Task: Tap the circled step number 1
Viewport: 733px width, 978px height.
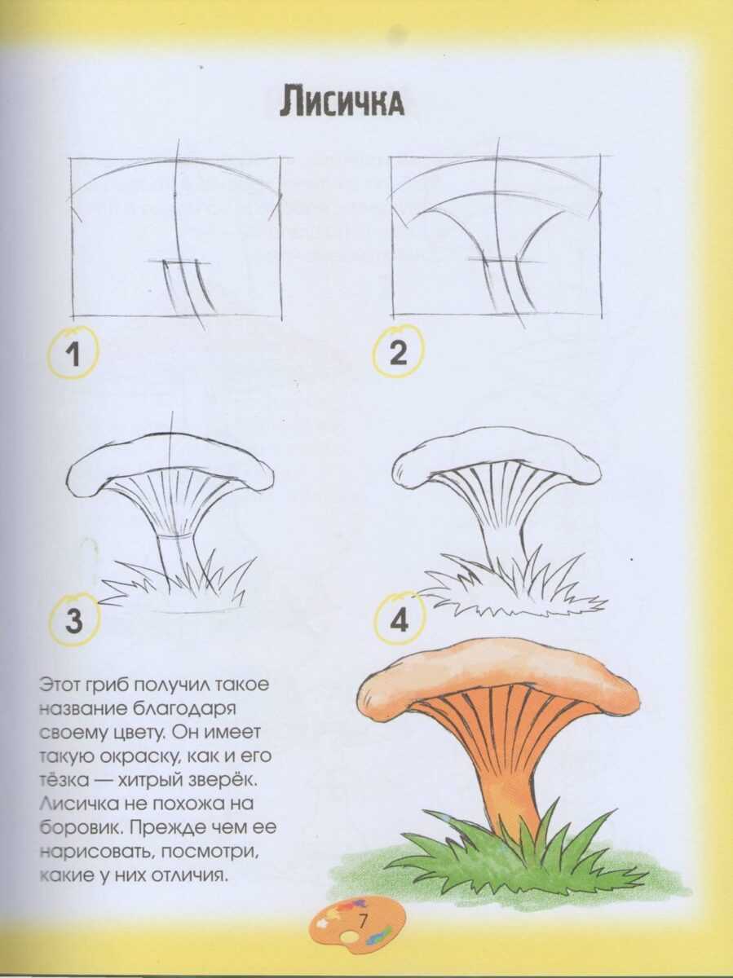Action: pos(73,354)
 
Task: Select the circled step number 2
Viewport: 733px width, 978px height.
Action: pos(398,352)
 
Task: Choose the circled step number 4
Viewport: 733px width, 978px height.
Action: pos(399,619)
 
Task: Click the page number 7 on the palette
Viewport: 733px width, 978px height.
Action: pos(362,920)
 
